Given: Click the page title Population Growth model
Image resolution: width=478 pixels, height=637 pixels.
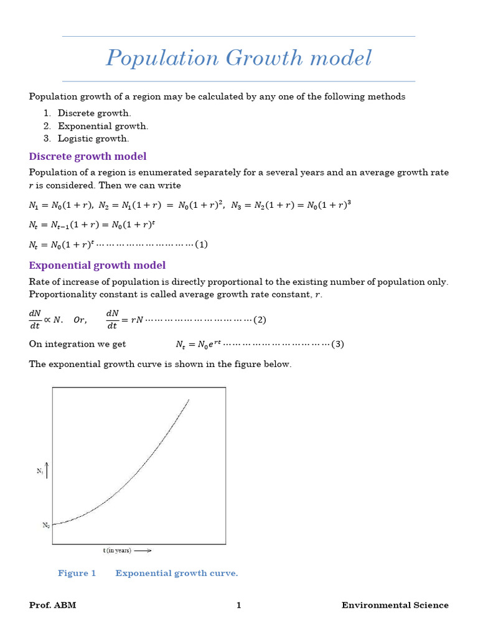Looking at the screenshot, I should (x=238, y=58).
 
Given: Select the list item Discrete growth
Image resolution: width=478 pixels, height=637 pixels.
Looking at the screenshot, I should (x=94, y=113).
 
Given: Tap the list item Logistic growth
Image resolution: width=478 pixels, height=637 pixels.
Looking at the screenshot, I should (x=93, y=139).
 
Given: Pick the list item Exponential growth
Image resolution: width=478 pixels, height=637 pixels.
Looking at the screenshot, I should (x=103, y=126).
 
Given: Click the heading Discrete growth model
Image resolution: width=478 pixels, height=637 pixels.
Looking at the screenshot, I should (x=88, y=156).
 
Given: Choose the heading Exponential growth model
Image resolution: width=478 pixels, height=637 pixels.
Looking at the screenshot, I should (x=97, y=266).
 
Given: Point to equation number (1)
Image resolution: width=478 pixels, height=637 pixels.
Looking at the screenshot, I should (x=201, y=244).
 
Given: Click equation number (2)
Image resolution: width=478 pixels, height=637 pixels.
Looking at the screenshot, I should (x=260, y=320).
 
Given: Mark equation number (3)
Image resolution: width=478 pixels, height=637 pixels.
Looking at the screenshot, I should (x=337, y=344).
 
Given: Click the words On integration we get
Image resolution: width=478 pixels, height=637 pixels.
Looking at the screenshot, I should (x=77, y=344).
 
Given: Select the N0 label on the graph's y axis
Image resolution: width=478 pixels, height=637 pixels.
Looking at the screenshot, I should (x=46, y=526).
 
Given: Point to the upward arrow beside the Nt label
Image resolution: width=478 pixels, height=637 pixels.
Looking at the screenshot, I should (x=47, y=470).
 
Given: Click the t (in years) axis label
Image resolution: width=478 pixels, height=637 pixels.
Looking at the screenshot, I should (x=117, y=551).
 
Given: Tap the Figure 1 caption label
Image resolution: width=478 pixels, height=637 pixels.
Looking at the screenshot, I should (x=77, y=573).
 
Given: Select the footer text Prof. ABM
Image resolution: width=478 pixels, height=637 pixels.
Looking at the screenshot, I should (x=52, y=605).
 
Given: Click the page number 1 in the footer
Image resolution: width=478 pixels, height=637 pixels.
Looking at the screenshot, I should (x=238, y=605).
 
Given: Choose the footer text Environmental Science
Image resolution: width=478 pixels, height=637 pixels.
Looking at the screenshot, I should (x=395, y=605).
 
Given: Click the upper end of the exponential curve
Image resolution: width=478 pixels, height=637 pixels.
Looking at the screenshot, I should (x=188, y=401).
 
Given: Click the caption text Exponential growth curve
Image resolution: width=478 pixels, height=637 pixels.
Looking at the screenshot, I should (x=177, y=573).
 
